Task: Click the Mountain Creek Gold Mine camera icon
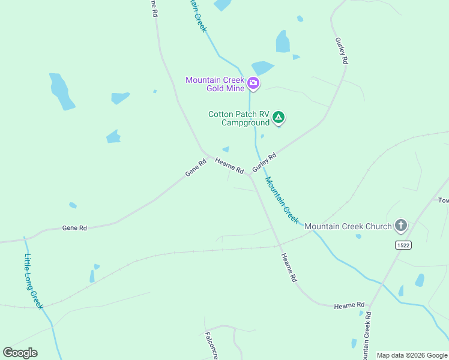[253, 83]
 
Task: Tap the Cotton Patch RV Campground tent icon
[278, 117]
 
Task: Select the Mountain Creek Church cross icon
[401, 226]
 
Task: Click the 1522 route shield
[403, 245]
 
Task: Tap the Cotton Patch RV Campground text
[238, 118]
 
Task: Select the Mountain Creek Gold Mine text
[215, 84]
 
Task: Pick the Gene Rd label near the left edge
[74, 228]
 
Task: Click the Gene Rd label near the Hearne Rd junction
[196, 167]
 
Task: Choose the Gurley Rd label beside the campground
[264, 163]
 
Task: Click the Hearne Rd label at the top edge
[154, 8]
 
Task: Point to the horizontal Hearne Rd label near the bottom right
[349, 305]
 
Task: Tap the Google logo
[20, 353]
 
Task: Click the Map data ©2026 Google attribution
[412, 355]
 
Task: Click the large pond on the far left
[62, 92]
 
